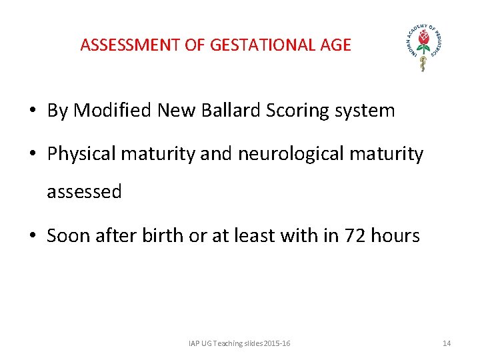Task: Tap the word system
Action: click(369, 111)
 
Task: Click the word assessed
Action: click(84, 192)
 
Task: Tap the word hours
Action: click(395, 235)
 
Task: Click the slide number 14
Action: click(447, 343)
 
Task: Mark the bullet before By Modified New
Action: click(33, 111)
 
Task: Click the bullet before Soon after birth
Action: click(33, 236)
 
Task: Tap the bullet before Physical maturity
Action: click(33, 155)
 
